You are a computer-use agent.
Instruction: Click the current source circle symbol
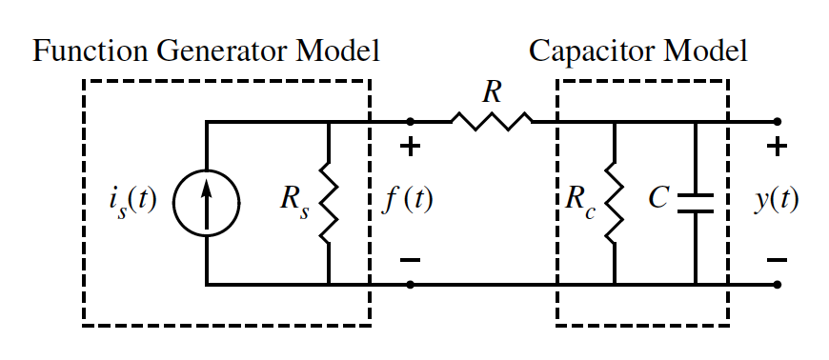tap(206, 202)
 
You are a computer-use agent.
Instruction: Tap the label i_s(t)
tap(132, 202)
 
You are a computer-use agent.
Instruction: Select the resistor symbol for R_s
tap(329, 203)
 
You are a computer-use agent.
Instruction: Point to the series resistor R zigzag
tap(492, 121)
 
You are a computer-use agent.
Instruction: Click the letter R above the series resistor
tap(493, 92)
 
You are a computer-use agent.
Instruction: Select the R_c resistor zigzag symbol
tap(614, 203)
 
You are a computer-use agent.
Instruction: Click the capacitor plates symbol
tap(696, 202)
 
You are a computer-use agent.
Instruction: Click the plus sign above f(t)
tap(411, 148)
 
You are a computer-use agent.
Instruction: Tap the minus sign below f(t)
tap(411, 259)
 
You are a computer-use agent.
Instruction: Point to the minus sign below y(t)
tap(777, 259)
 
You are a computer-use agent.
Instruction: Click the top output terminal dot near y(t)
tap(778, 121)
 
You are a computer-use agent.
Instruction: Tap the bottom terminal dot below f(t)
tap(411, 284)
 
